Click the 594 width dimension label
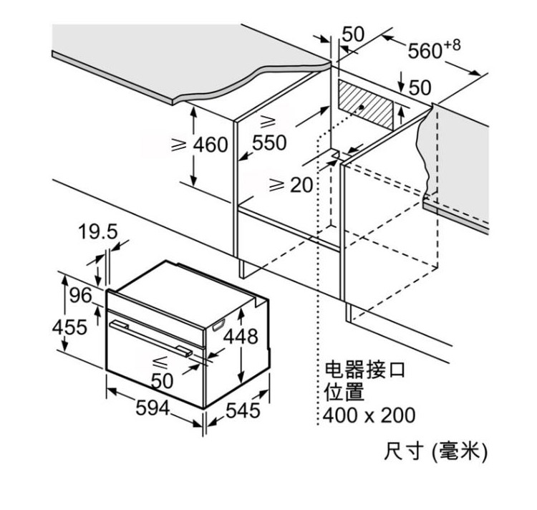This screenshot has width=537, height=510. tap(153, 408)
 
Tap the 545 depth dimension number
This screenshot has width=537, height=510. tap(243, 410)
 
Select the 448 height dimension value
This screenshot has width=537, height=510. tap(241, 336)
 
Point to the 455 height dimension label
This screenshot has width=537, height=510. tap(70, 327)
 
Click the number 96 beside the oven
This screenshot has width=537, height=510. tap(81, 295)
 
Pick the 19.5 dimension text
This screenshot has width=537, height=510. tap(98, 231)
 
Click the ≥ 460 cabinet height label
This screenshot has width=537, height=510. tap(199, 145)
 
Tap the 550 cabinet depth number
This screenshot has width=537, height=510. tap(269, 143)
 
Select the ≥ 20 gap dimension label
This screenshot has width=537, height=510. tap(291, 185)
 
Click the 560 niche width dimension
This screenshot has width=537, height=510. tap(425, 51)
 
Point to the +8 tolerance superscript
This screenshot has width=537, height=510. tap(452, 45)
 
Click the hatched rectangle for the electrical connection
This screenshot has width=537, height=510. tap(366, 104)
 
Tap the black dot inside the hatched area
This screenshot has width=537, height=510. tap(362, 107)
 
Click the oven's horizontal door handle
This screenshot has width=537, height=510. tap(151, 338)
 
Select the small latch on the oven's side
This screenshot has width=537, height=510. tap(218, 324)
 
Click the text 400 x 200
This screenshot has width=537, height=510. tap(369, 415)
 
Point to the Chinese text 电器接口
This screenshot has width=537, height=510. tap(365, 369)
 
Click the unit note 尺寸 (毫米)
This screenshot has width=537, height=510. tap(435, 451)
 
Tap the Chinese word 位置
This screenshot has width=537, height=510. tap(344, 392)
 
